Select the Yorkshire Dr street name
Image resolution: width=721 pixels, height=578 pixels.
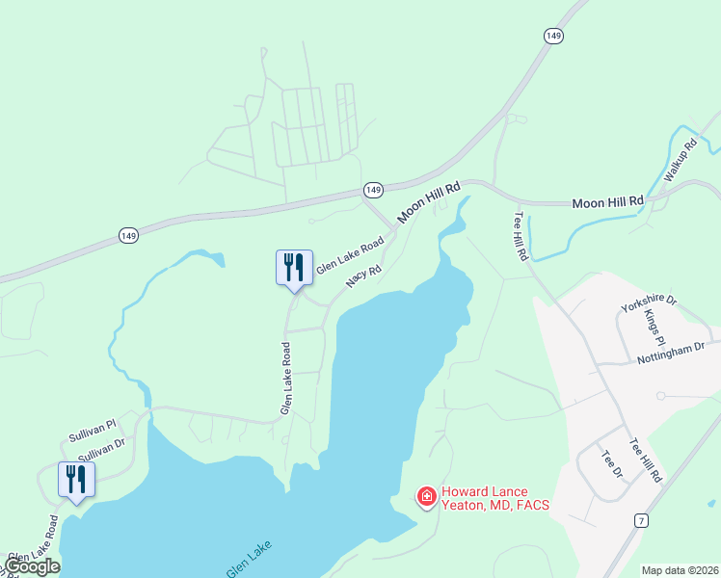coord(649,303)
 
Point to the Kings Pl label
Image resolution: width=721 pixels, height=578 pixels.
coord(654,328)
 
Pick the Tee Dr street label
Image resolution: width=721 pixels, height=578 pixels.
coord(611,467)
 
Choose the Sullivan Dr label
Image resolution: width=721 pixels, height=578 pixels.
coord(101,447)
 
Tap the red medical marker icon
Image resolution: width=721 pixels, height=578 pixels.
coord(425,496)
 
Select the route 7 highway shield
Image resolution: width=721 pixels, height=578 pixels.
coord(642,520)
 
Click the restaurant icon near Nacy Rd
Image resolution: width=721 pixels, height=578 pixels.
coord(295,267)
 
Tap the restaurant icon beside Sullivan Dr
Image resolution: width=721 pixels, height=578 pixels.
coord(76,479)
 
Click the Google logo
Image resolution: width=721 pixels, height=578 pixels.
coord(33,565)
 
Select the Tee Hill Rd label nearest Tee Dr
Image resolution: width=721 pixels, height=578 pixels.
coord(646,460)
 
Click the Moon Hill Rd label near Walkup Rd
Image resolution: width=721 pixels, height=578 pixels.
coord(607,202)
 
